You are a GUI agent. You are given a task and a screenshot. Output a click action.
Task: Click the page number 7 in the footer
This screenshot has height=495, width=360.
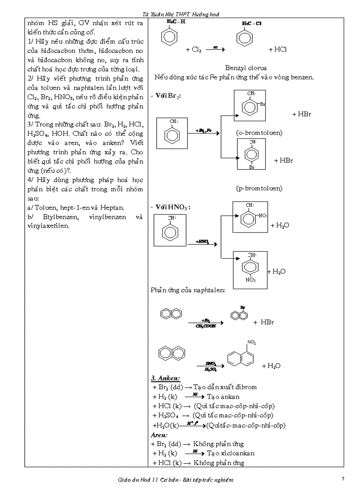(x=343, y=479)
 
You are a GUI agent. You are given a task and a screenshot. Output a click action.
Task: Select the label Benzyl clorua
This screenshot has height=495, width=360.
(x=246, y=68)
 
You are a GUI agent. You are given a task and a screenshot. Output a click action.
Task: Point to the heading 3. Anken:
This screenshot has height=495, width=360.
(x=165, y=378)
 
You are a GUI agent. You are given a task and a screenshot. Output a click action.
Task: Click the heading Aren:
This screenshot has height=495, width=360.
(x=159, y=435)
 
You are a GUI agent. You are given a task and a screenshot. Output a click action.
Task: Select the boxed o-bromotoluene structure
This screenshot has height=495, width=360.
(x=250, y=105)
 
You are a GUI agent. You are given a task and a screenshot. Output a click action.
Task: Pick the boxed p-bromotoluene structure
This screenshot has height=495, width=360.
(x=251, y=154)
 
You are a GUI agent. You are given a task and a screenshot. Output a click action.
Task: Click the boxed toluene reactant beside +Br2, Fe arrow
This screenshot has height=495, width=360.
(x=172, y=133)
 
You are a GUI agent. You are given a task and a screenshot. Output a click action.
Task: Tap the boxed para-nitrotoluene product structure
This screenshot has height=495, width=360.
(x=250, y=269)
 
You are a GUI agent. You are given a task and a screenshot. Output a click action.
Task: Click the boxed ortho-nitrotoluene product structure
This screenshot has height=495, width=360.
(x=250, y=216)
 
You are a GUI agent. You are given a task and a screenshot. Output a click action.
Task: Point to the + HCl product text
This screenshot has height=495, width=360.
(x=277, y=49)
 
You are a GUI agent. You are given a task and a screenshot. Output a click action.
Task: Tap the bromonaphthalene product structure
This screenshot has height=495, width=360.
(x=239, y=314)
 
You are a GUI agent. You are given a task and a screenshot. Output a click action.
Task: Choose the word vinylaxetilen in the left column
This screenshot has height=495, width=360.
(x=49, y=226)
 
